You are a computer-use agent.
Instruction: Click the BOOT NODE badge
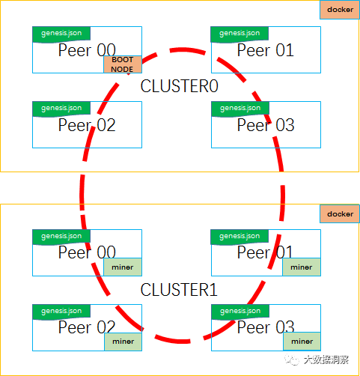tap(123, 64)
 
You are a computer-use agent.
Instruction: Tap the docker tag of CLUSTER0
tap(340, 10)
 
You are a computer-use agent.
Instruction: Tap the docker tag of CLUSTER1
tap(340, 214)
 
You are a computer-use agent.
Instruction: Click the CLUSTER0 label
tap(179, 86)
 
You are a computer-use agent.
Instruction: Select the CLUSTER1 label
tap(179, 290)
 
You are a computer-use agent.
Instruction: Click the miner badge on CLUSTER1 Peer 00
tap(123, 267)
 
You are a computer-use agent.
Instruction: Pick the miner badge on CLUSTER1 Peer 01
tap(302, 267)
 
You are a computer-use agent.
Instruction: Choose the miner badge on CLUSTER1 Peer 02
tap(123, 342)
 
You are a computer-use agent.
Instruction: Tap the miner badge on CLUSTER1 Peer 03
tap(302, 342)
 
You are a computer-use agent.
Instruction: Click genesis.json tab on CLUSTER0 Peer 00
tap(61, 34)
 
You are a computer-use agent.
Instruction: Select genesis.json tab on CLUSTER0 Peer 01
tap(240, 34)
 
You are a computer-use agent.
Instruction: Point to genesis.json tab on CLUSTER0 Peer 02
tap(61, 109)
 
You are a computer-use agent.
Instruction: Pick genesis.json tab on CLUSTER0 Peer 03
tap(240, 109)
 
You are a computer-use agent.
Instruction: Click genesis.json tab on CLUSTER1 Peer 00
tap(61, 237)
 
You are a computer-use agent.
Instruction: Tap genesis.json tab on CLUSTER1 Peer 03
tap(240, 312)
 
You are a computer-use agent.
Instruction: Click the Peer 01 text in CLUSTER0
tap(266, 50)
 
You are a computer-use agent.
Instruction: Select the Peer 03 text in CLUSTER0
tap(266, 125)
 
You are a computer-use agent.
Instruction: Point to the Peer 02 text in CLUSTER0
tap(87, 125)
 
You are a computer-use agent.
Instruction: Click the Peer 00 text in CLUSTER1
tap(87, 252)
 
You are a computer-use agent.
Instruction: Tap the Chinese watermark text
tap(326, 360)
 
